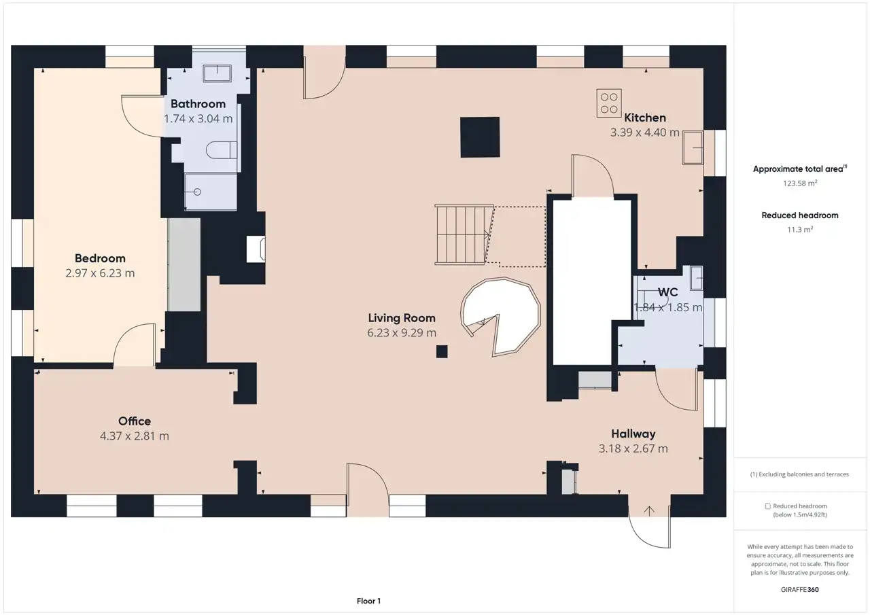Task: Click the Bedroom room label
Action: coord(100,258)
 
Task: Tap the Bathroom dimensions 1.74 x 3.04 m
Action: coord(198,118)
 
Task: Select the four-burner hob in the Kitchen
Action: coord(609,103)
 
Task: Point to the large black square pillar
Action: coord(480,137)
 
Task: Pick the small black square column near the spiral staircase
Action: coord(442,351)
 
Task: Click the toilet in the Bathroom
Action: coord(222,150)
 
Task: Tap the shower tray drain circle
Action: coord(197,192)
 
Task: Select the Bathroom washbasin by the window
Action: coord(217,73)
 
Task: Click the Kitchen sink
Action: coord(693,147)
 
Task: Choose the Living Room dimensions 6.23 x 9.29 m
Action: coord(402,333)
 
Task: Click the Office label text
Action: coord(135,421)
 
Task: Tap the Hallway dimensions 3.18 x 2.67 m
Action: coord(633,449)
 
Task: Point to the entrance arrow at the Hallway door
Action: coord(649,510)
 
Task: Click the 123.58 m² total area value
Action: coord(800,183)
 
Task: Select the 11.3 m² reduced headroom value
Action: coord(800,230)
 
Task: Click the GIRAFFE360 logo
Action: coord(800,589)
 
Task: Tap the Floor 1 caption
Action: coord(368,601)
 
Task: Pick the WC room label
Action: coord(667,292)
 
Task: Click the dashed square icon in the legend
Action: coord(767,506)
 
